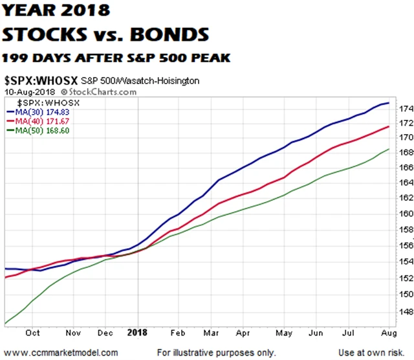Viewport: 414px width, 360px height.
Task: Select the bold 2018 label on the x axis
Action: pos(137,332)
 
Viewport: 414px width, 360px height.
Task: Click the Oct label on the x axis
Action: pos(33,333)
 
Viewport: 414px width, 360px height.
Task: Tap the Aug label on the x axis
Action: pos(384,333)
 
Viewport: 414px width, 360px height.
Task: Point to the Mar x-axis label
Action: pos(207,333)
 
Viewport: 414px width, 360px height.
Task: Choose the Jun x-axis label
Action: pos(316,333)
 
